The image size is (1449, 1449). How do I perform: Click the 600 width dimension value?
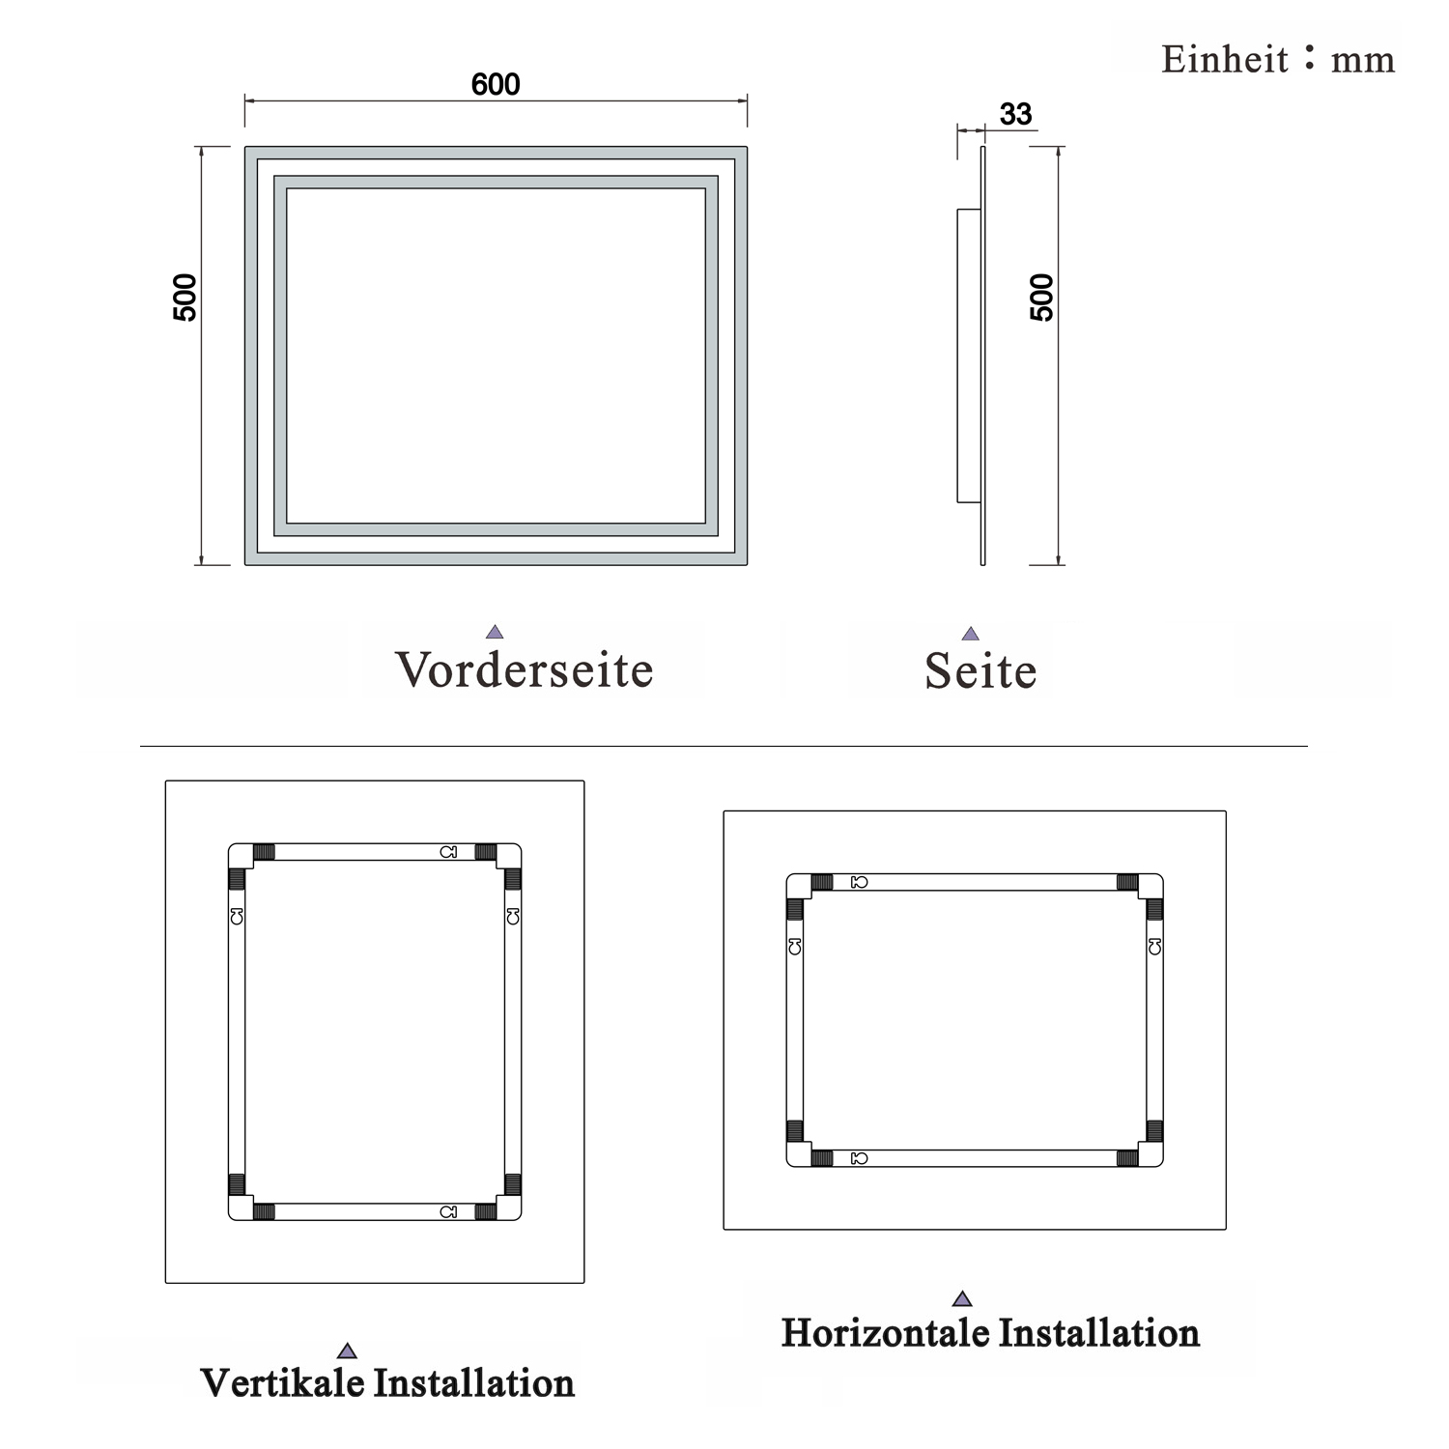(x=496, y=85)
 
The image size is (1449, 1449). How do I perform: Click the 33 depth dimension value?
(x=1016, y=114)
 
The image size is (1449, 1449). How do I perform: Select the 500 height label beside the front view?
(x=185, y=298)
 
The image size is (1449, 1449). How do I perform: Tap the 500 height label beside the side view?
(x=1042, y=298)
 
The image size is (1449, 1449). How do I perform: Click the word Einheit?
(x=1225, y=60)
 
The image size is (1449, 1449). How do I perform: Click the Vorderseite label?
(x=525, y=668)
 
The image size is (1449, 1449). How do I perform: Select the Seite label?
(x=980, y=669)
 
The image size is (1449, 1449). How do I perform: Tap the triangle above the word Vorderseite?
(x=495, y=632)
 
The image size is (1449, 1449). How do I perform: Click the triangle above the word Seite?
(x=971, y=634)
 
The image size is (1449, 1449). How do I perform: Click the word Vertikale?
(x=283, y=1382)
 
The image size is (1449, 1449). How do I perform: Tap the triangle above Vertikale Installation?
(x=347, y=1350)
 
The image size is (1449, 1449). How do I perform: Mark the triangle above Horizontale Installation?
(x=961, y=1299)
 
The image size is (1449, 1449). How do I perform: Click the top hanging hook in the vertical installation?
(x=448, y=852)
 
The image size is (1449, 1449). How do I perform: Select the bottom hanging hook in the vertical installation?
(x=448, y=1211)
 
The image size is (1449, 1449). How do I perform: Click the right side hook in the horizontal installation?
(x=1154, y=947)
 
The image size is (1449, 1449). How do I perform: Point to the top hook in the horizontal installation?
(x=859, y=882)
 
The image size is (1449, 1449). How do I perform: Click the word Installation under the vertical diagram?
(x=474, y=1382)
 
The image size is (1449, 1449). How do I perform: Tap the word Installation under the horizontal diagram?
(x=1098, y=1332)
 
